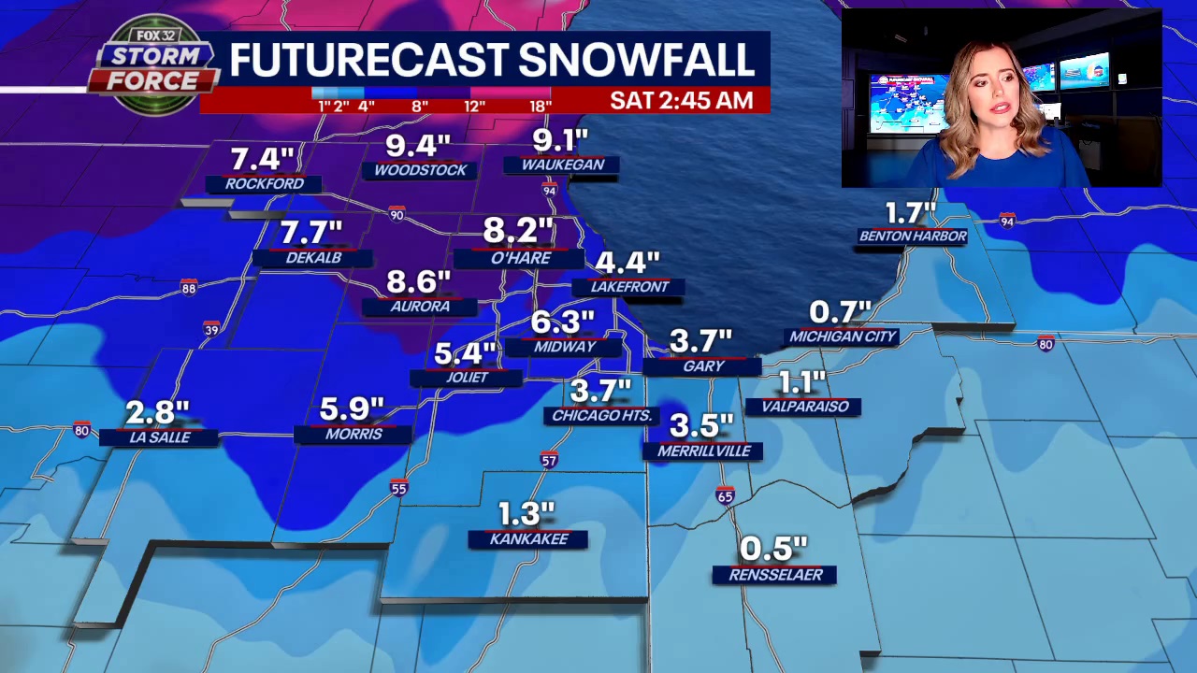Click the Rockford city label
[264, 184]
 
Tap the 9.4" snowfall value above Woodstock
[418, 146]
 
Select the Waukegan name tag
[562, 165]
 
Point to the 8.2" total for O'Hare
[519, 230]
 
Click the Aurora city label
[420, 307]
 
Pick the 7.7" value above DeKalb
[311, 232]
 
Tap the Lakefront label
[628, 287]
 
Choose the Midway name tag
[564, 347]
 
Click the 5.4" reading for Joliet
[465, 354]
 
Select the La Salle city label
[159, 437]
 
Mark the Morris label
[353, 435]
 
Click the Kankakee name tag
[528, 539]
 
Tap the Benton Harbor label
[913, 236]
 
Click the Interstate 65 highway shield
[726, 495]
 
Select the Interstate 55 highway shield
[399, 488]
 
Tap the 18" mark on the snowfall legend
[540, 107]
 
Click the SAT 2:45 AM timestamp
[681, 101]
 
